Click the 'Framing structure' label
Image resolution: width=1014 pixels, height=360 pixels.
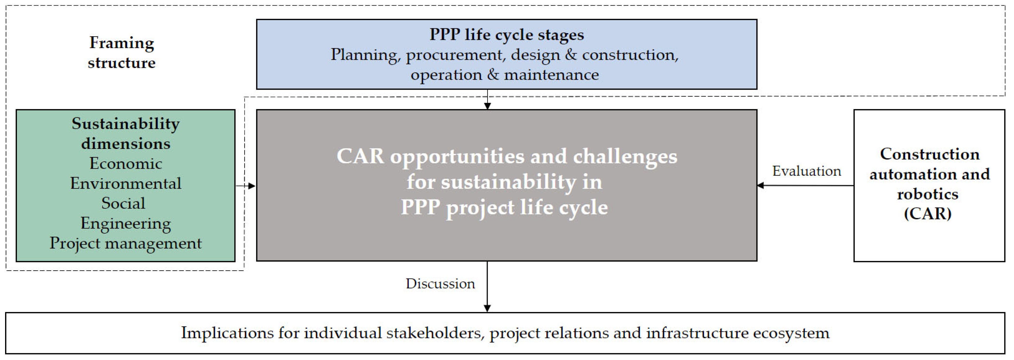(x=122, y=52)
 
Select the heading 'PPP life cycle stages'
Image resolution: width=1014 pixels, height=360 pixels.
(x=507, y=35)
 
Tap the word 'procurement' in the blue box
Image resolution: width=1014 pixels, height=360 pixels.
(x=455, y=55)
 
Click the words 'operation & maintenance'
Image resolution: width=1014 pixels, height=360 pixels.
(x=505, y=75)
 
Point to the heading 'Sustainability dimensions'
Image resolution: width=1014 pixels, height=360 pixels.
(x=126, y=133)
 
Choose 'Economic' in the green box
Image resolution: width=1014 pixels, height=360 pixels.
(x=126, y=163)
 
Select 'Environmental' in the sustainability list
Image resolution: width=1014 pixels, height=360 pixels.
(x=126, y=183)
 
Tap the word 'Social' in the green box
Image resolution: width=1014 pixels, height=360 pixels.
(x=123, y=203)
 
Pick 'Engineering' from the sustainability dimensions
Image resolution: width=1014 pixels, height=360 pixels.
(x=126, y=223)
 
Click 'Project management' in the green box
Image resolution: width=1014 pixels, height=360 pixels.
(x=126, y=243)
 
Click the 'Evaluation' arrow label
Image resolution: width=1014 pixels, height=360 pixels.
(x=807, y=171)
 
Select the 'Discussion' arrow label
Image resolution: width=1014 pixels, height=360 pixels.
(x=440, y=284)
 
